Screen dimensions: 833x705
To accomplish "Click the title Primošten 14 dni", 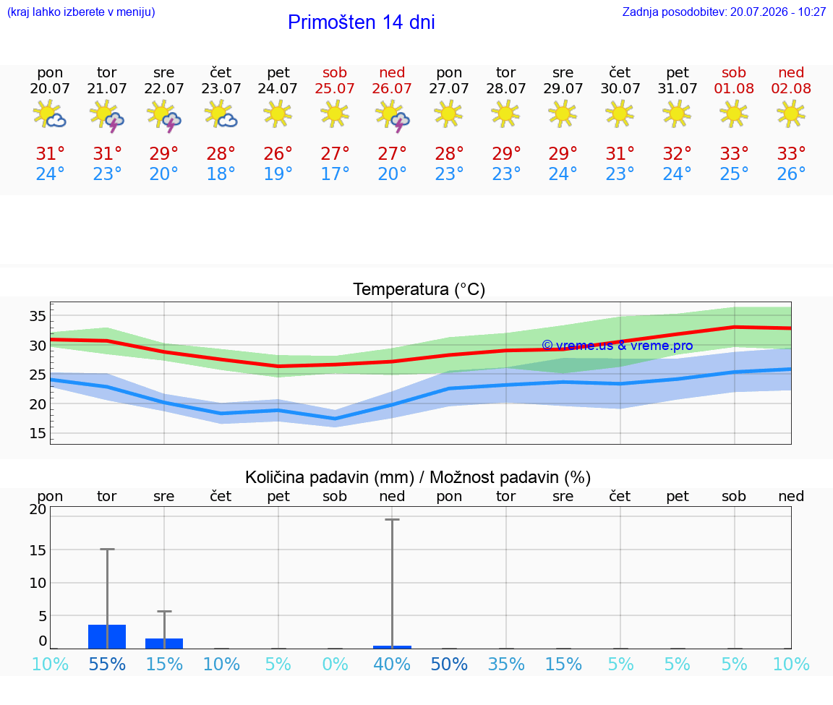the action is [x=362, y=22].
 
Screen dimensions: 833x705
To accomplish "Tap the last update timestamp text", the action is [x=724, y=12].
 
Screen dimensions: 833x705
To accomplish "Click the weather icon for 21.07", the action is [x=107, y=115].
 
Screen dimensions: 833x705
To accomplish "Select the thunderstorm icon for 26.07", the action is [x=392, y=115].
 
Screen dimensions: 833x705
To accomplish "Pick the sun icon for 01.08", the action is [x=734, y=114].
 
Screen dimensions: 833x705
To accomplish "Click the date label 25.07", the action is [x=335, y=88].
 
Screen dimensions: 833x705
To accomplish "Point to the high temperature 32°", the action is [x=677, y=153].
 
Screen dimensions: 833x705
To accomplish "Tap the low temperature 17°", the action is [x=335, y=174].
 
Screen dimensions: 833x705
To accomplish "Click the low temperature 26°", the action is [x=791, y=174].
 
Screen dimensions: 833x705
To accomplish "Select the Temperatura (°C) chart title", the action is [x=419, y=289].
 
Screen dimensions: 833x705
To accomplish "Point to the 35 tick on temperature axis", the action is [x=38, y=316].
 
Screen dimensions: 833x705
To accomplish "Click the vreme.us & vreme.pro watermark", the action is [x=618, y=346].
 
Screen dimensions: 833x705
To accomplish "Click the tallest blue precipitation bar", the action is [x=107, y=636].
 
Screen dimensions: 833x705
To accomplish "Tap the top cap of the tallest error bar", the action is [x=392, y=520].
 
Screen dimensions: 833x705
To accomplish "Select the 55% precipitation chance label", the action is [x=107, y=664].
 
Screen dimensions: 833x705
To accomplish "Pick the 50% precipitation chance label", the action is [x=449, y=664].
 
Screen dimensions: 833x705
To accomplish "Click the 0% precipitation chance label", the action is [x=335, y=664].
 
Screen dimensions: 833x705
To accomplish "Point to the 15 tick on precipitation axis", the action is [x=38, y=550].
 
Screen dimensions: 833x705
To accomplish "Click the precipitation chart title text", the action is [x=417, y=477].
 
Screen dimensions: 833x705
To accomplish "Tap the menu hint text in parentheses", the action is [x=81, y=12].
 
